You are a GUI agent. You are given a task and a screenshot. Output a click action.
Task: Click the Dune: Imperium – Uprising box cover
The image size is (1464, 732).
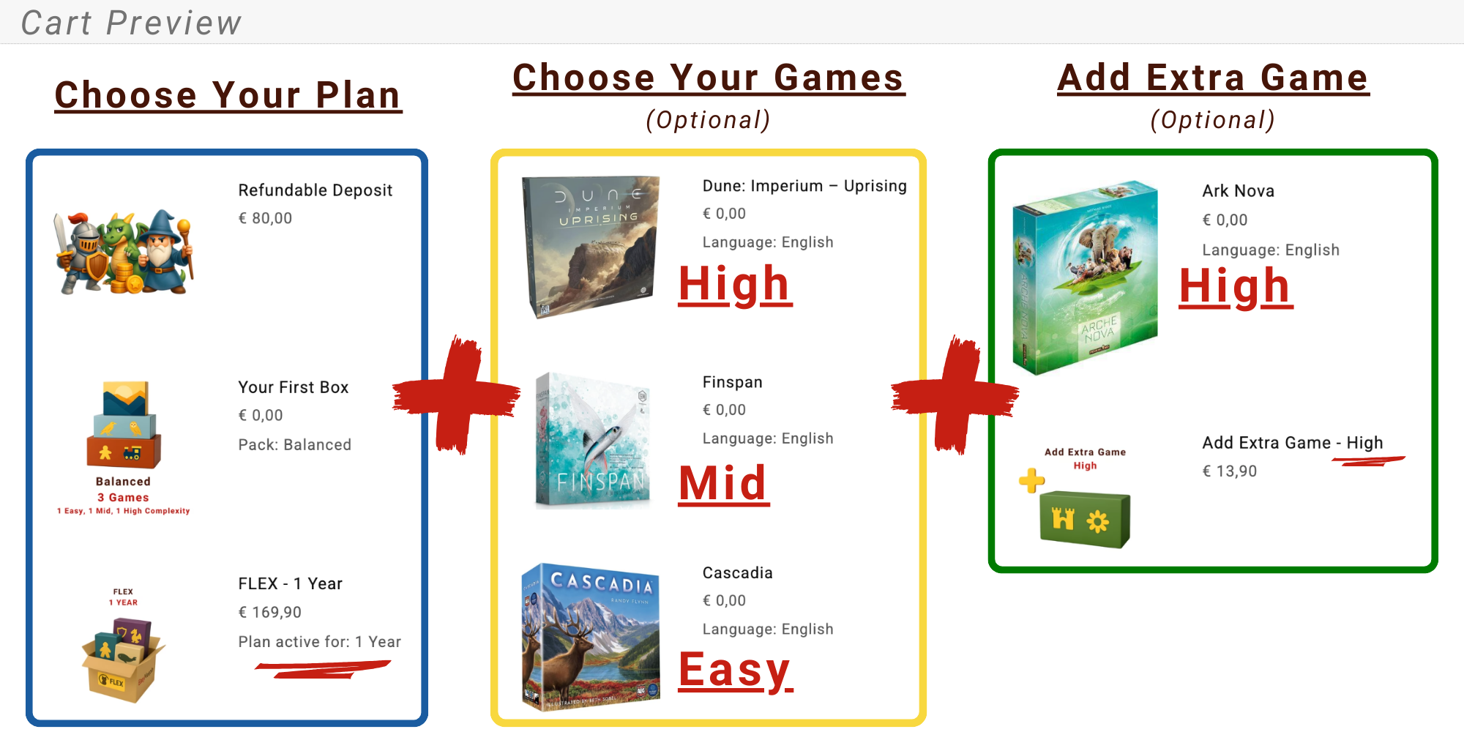591,247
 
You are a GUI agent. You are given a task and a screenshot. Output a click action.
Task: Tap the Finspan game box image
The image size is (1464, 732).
593,439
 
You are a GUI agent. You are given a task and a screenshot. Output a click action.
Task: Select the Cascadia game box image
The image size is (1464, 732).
591,636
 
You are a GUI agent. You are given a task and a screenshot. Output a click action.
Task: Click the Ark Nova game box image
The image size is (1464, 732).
1086,277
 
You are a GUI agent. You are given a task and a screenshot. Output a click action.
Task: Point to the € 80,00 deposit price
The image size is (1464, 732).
265,218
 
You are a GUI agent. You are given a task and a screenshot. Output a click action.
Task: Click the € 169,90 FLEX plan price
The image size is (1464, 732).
269,612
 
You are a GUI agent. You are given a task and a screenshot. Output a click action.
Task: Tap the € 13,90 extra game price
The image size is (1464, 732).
1230,471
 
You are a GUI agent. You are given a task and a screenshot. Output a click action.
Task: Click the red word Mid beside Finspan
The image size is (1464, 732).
723,484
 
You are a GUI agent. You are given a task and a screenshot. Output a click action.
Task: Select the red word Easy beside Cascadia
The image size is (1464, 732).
735,670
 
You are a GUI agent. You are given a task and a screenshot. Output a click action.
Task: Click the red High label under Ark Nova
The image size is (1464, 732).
1236,285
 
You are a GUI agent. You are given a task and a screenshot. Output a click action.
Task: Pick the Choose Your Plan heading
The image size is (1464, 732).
228,95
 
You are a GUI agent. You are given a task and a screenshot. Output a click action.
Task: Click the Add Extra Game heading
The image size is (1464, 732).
1213,78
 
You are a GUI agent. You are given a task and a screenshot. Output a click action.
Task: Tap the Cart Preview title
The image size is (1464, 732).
131,23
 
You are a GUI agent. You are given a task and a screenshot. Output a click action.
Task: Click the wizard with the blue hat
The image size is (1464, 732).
165,253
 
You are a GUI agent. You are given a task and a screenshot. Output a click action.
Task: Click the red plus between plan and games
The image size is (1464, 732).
457,395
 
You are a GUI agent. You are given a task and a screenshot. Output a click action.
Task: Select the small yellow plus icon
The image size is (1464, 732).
1031,480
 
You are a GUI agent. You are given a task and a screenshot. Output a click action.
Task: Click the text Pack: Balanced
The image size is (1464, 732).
294,445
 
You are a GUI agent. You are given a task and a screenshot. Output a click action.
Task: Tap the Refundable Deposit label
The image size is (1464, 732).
315,190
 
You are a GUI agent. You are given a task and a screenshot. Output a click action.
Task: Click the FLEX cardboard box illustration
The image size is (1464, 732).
123,660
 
